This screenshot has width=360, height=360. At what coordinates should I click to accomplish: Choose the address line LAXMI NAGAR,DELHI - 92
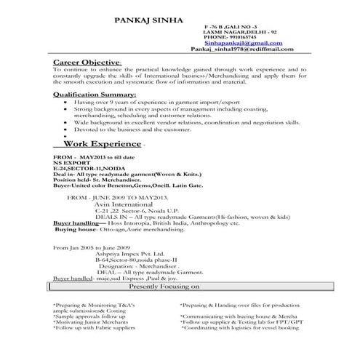(x=237, y=33)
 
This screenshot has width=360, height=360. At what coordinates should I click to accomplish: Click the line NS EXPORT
(x=71, y=164)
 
